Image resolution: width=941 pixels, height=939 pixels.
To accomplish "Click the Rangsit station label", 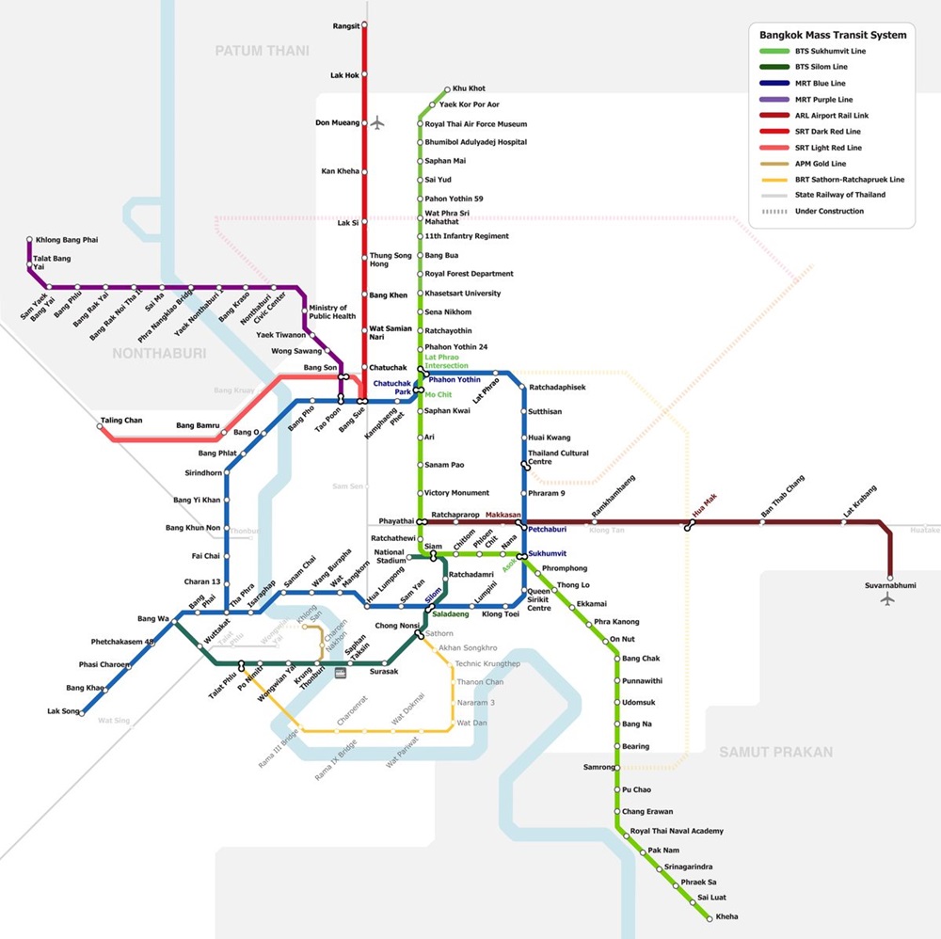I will pos(345,26).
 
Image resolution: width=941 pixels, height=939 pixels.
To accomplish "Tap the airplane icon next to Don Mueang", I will pos(378,122).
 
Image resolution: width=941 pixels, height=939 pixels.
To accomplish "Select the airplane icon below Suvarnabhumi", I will pos(887,599).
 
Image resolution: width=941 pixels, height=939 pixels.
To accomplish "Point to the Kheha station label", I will pos(726,916).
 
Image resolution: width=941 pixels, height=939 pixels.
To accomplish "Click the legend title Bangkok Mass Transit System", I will pos(833,35).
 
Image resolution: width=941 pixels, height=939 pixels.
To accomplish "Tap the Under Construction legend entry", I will pos(829,212).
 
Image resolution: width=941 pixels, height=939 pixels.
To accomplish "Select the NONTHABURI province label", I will pos(158,353).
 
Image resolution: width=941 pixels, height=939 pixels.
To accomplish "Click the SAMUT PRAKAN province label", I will pos(776,752).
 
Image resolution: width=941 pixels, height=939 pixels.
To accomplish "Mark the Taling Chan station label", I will pos(121,421).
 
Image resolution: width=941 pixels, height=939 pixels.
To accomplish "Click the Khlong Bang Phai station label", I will pos(67,240).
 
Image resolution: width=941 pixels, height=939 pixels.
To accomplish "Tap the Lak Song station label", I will pos(64,711).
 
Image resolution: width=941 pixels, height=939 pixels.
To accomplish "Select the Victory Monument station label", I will pos(457,493).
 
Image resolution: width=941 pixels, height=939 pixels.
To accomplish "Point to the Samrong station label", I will pos(598,768).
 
